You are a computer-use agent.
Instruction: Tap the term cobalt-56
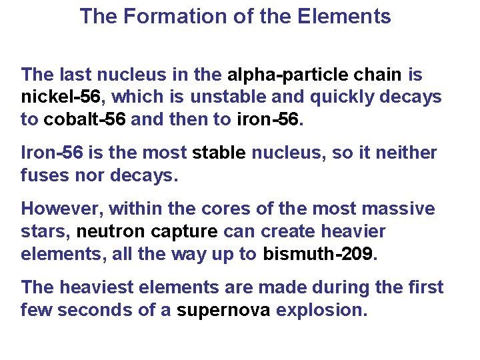click(85, 120)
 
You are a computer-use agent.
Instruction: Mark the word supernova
click(223, 310)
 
